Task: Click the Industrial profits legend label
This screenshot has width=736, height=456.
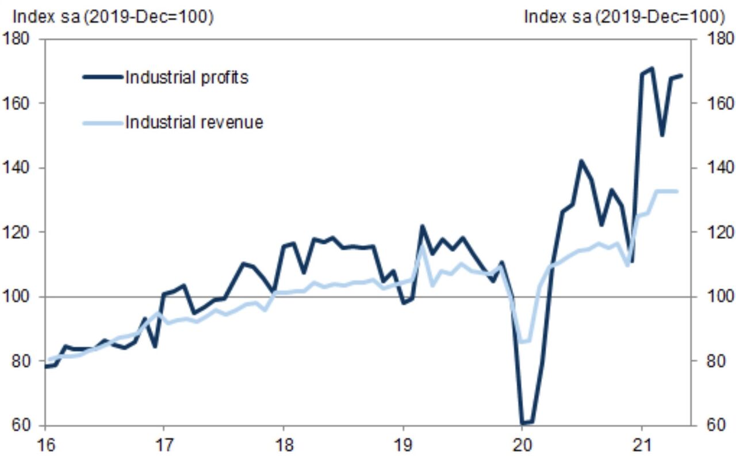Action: tap(186, 77)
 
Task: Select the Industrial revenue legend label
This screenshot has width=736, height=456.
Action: tap(194, 122)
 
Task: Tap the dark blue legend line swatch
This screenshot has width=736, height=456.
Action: tap(102, 77)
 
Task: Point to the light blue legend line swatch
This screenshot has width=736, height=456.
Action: tap(102, 122)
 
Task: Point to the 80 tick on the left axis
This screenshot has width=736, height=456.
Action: tap(20, 361)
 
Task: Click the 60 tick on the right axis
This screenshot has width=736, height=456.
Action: tap(710, 425)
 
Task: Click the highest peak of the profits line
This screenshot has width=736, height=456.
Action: tap(651, 69)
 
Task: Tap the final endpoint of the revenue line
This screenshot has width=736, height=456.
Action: tap(677, 191)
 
